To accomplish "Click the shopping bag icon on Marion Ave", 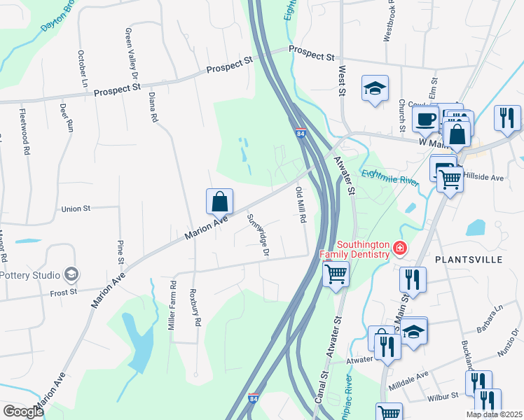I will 219,202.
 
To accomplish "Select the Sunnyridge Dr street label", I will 258,234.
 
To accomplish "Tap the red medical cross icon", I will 400,247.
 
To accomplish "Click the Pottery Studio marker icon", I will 70,273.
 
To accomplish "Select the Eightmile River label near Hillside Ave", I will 389,173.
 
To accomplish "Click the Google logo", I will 23,412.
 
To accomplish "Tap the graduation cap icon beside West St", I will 375,89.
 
